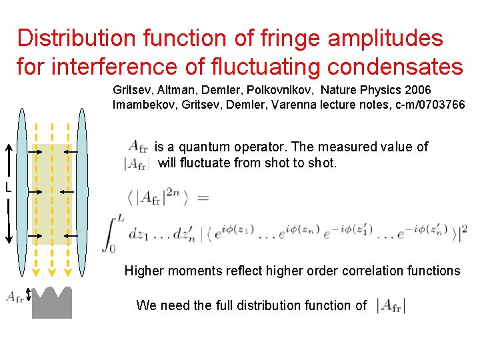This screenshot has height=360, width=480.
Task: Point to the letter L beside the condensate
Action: [7, 188]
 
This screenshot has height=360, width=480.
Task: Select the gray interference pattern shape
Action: [51, 303]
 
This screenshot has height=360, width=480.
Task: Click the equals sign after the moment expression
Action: [204, 197]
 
